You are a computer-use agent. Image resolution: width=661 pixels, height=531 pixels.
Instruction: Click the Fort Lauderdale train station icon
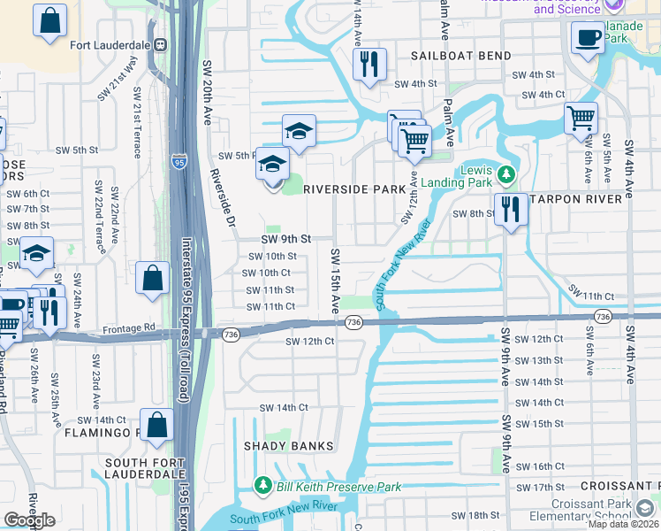point(160,45)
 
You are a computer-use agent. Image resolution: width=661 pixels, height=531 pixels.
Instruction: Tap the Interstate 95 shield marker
point(179,162)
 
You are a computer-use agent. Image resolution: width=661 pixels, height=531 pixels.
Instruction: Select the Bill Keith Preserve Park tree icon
point(262,485)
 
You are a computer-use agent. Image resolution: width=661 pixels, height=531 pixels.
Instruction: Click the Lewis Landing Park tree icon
point(505,173)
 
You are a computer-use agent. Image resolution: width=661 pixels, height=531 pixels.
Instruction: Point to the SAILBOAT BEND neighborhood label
point(461,56)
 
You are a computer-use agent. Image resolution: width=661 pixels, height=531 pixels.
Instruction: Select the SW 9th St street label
point(285,239)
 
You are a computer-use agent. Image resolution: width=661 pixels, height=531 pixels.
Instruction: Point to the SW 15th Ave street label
point(336,280)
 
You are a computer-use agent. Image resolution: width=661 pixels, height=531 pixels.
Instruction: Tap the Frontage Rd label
point(128,327)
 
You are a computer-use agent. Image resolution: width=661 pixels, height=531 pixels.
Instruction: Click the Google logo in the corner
point(29,519)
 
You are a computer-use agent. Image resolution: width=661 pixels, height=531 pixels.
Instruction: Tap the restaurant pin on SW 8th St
point(511,210)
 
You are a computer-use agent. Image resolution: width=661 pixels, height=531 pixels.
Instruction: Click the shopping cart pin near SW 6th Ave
point(581,118)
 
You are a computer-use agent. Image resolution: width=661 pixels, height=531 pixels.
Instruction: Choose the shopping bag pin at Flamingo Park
point(156,424)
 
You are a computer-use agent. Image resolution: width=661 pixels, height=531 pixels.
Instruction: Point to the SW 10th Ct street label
point(269,273)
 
